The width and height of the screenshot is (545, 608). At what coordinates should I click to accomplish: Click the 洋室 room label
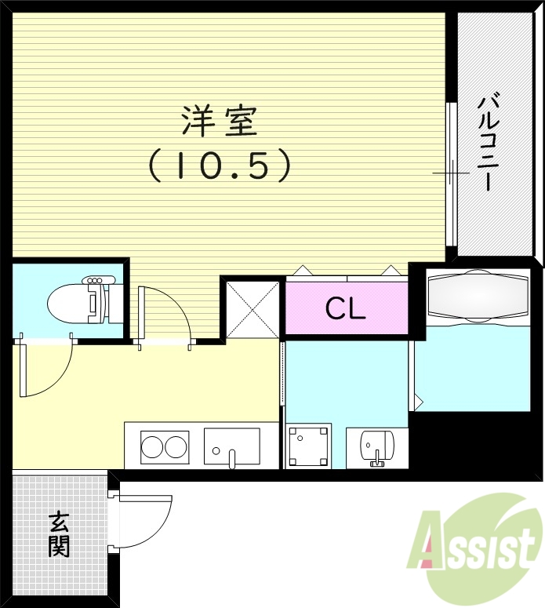(220, 122)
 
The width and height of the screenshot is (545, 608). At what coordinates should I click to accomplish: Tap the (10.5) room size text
(220, 165)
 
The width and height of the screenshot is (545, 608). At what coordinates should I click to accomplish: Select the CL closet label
(346, 309)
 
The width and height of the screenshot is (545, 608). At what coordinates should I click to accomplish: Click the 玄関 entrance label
(59, 534)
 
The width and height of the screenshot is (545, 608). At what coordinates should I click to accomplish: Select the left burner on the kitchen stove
(153, 447)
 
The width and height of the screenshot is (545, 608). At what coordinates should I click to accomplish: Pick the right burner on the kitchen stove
(176, 447)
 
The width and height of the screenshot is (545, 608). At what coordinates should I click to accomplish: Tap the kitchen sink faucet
(231, 458)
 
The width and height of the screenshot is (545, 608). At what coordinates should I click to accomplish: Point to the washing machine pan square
(308, 446)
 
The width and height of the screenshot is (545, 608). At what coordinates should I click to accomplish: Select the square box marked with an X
(253, 309)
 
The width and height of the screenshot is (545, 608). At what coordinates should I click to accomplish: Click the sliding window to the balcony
(450, 173)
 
